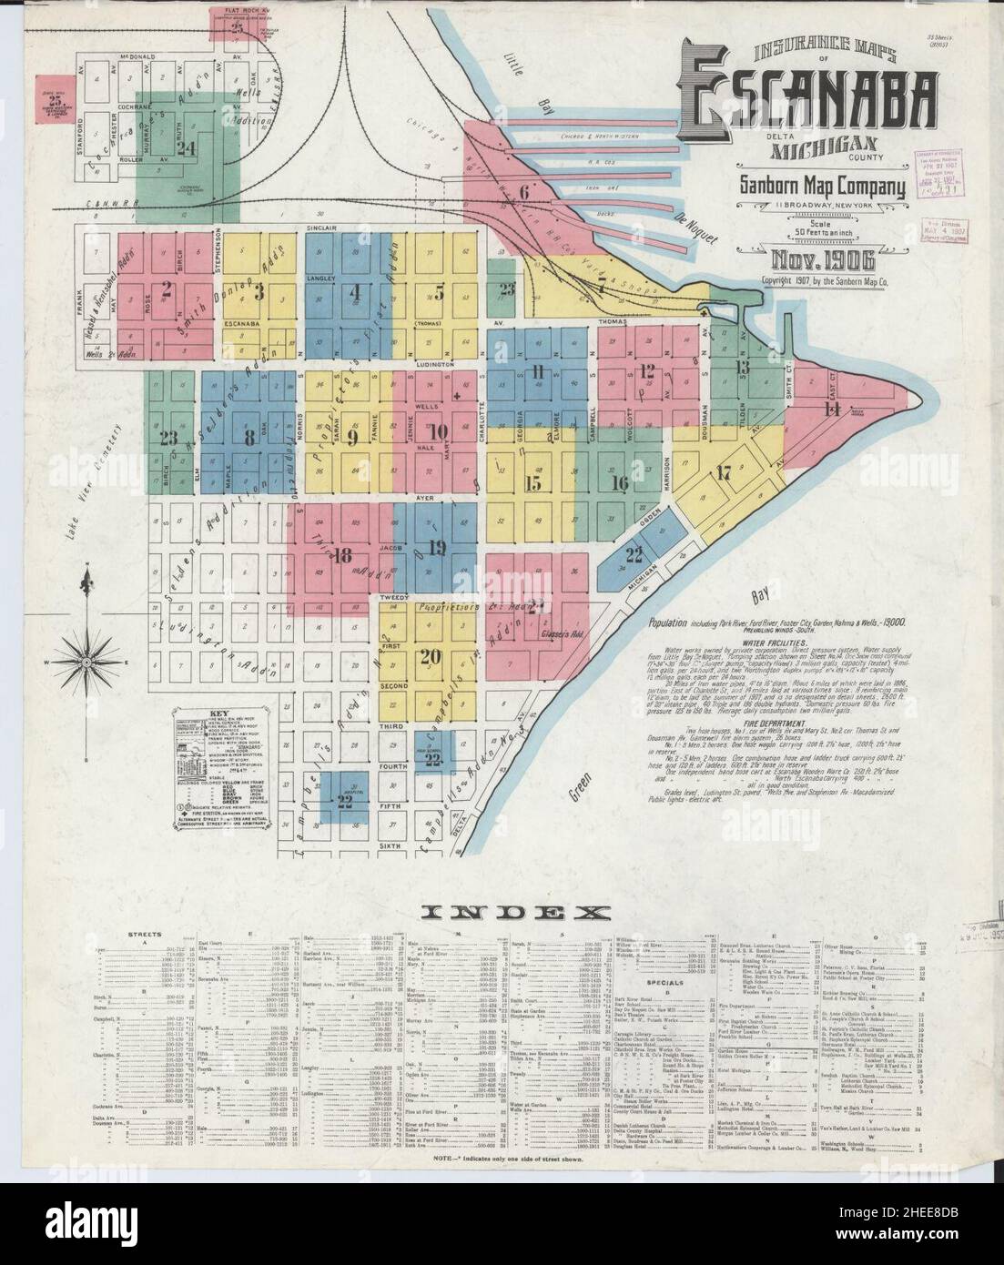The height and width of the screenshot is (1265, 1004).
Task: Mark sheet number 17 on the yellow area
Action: [x=724, y=472]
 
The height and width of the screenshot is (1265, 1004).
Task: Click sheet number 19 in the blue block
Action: [x=436, y=547]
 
